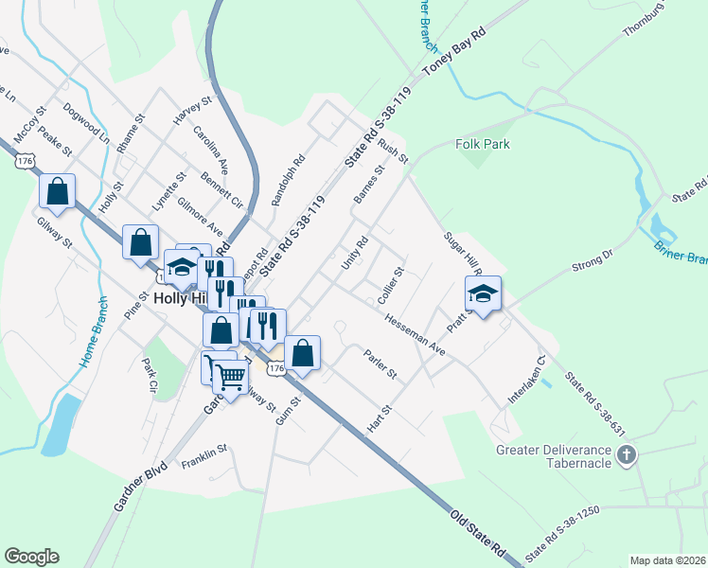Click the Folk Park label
click(483, 144)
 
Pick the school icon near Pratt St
click(483, 293)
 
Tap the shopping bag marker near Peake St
click(58, 190)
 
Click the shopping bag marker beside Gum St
click(303, 353)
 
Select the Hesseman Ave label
click(415, 334)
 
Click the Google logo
click(32, 557)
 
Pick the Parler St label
click(380, 364)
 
